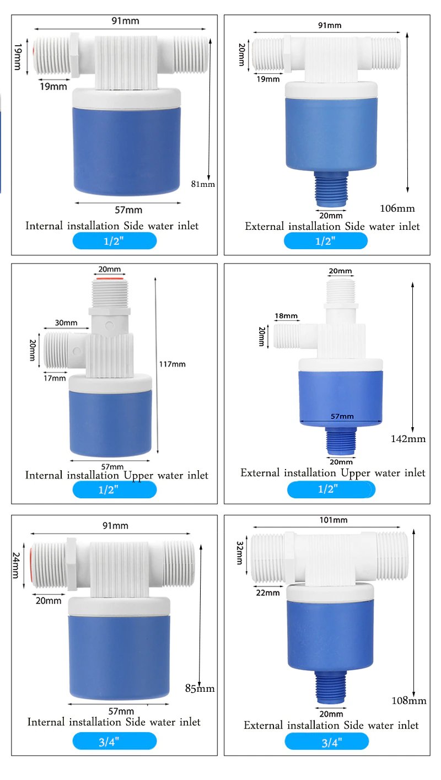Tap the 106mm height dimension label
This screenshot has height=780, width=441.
397,208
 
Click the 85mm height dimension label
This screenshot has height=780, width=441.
200,688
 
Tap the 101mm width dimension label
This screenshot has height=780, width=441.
333,520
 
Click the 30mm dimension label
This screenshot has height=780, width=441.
66,323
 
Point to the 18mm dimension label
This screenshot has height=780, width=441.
286,316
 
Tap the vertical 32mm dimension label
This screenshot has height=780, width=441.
240,553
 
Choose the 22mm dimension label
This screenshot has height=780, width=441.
268,593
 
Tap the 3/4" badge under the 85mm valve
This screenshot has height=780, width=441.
114,741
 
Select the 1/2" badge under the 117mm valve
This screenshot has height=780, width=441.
114,489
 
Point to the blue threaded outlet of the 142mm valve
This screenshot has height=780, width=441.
340,442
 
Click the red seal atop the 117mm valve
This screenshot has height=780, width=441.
110,281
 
